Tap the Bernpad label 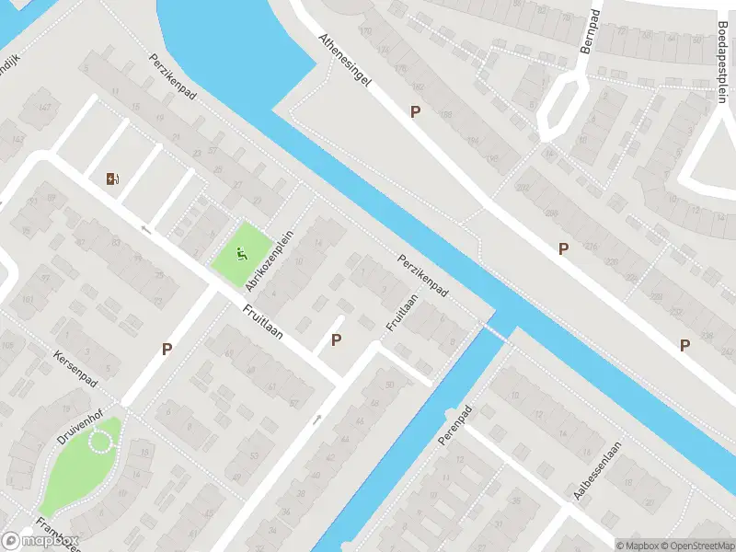coord(588,37)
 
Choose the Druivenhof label coord(78,426)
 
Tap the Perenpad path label coord(454,425)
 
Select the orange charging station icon coord(113,179)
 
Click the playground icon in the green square coord(242,254)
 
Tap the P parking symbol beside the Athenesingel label coord(415,111)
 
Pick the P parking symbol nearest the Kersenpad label coord(167,349)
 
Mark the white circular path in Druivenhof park coord(100,443)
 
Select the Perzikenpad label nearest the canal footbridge coord(422,275)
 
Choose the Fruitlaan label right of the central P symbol coord(397,312)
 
